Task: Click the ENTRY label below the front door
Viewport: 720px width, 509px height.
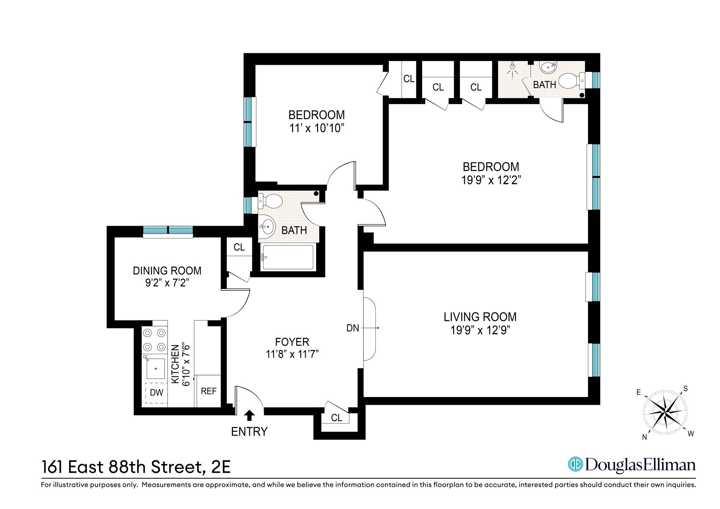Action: [x=249, y=431]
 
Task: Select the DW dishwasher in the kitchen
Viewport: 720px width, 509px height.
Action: [x=156, y=392]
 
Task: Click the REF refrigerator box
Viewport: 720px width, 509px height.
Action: [x=208, y=391]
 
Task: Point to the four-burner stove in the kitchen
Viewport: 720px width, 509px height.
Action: [x=154, y=339]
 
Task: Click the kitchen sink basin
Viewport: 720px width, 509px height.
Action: [x=155, y=369]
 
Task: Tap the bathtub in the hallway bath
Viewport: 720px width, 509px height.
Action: [x=288, y=257]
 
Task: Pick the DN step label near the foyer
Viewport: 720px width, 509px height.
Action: [x=352, y=328]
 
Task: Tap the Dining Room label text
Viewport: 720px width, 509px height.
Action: [x=167, y=271]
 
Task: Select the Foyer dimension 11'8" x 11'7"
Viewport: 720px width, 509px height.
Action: [x=292, y=354]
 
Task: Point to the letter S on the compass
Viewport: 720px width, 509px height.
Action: [x=685, y=388]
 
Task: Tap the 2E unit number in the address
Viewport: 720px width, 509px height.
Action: [x=221, y=467]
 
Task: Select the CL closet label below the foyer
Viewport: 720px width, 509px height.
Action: [x=336, y=418]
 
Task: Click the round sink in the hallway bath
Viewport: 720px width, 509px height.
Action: [x=267, y=226]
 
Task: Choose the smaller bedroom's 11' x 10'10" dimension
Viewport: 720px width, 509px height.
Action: [x=316, y=129]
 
